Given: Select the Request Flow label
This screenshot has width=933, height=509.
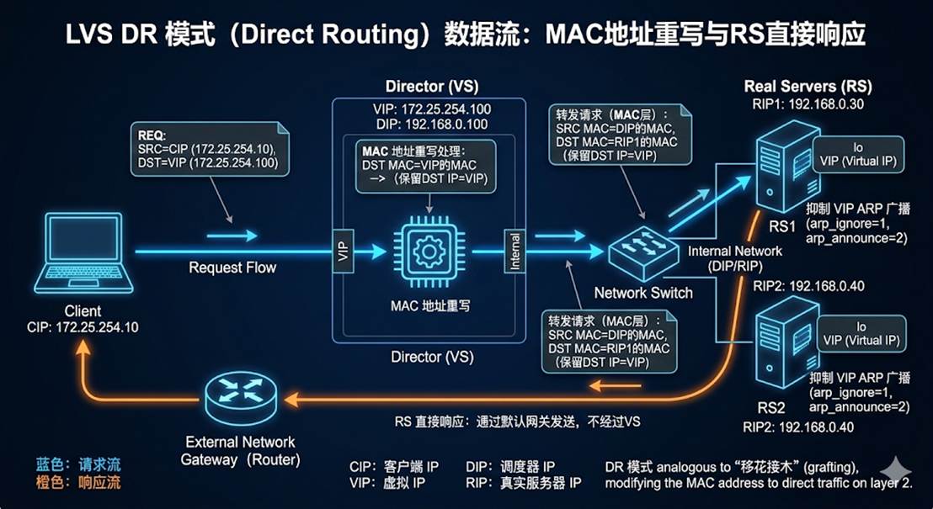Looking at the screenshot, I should click(232, 268).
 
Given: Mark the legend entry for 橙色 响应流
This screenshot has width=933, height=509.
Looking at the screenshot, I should click(77, 482).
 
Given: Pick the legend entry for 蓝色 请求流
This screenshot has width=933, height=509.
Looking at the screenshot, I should click(77, 464).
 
